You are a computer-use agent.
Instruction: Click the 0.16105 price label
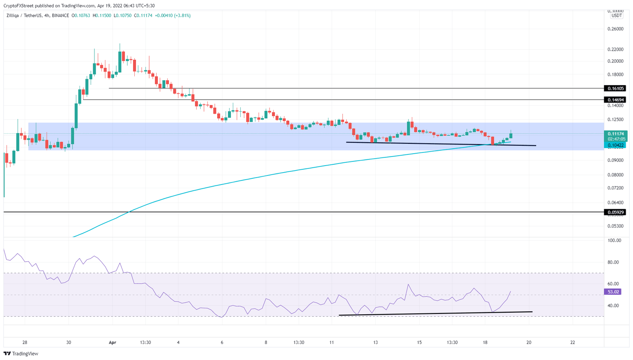click(614, 89)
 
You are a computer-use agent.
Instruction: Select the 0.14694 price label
click(614, 100)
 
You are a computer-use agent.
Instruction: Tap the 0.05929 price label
click(614, 212)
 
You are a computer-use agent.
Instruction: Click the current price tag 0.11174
click(615, 134)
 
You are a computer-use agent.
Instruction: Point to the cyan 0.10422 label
click(615, 145)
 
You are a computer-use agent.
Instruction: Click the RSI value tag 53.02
click(613, 292)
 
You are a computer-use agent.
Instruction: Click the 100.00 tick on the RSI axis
click(614, 241)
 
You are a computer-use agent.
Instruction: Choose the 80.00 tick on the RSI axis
click(614, 262)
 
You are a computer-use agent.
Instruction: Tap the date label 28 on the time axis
click(25, 342)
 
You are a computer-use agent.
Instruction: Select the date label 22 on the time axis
click(573, 342)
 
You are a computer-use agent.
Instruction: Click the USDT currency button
click(617, 16)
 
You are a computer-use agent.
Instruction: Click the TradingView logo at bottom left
click(21, 353)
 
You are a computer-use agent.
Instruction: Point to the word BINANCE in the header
click(61, 16)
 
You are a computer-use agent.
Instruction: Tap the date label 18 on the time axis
click(485, 342)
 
